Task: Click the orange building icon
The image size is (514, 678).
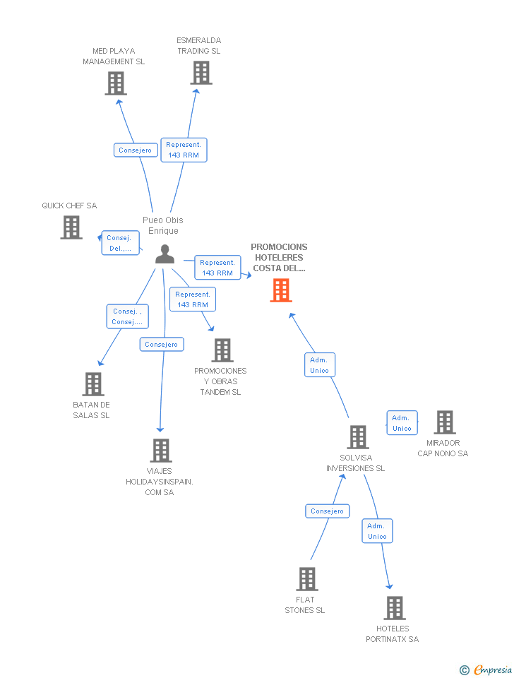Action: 281,290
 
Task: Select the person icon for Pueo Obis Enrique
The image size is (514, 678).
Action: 165,254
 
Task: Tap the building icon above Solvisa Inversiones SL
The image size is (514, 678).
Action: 358,437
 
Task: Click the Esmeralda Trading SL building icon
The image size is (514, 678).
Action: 201,73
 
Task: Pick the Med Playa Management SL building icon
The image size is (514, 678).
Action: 116,83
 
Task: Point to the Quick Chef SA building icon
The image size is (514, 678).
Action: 71,227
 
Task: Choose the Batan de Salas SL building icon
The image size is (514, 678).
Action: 93,384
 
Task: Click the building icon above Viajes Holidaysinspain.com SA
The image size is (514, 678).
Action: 161,451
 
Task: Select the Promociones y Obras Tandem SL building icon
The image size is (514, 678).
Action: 222,350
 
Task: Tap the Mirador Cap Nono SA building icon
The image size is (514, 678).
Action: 445,422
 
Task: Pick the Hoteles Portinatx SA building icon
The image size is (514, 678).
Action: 395,608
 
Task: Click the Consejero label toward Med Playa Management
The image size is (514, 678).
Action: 135,150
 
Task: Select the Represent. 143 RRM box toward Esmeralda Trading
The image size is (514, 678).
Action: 184,150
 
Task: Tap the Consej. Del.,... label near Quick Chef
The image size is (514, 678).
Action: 119,243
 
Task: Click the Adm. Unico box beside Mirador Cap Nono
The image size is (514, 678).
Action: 402,423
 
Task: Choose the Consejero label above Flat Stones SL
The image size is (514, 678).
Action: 327,511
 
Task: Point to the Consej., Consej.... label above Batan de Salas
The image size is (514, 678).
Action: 128,316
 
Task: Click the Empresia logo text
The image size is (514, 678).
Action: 493,670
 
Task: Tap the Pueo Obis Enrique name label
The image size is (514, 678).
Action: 162,225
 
